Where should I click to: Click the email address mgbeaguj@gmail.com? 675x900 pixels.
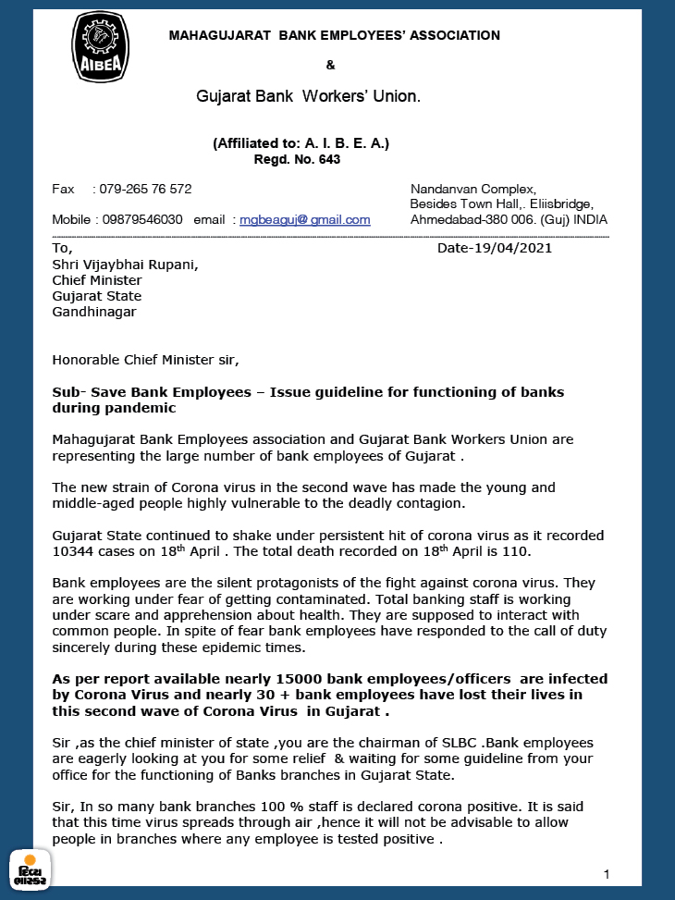[305, 220]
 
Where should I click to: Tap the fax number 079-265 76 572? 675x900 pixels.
[145, 189]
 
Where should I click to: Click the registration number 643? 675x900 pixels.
[329, 159]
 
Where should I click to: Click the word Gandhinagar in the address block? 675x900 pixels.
[94, 312]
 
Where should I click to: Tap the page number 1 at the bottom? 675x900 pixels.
[606, 874]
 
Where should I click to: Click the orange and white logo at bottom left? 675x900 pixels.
[30, 869]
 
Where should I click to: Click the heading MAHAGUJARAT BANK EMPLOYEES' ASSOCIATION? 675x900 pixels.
[334, 36]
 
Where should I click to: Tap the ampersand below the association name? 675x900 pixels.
[331, 65]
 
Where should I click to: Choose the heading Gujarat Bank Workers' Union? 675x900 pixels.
[308, 95]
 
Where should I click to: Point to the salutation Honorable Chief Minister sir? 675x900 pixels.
[152, 360]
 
